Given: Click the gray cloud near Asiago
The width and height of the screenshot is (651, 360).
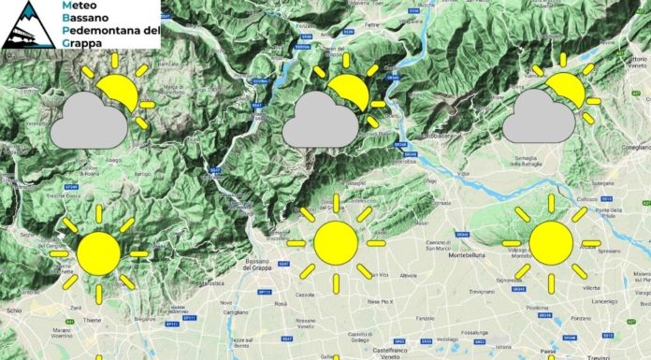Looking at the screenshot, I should [x=88, y=121].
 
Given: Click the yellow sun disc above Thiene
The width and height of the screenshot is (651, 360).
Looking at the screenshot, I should [x=98, y=252].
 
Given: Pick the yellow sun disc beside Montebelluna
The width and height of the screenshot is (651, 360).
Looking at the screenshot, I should [x=551, y=242].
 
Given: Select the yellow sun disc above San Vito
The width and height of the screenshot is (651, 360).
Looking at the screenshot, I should [x=336, y=242].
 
